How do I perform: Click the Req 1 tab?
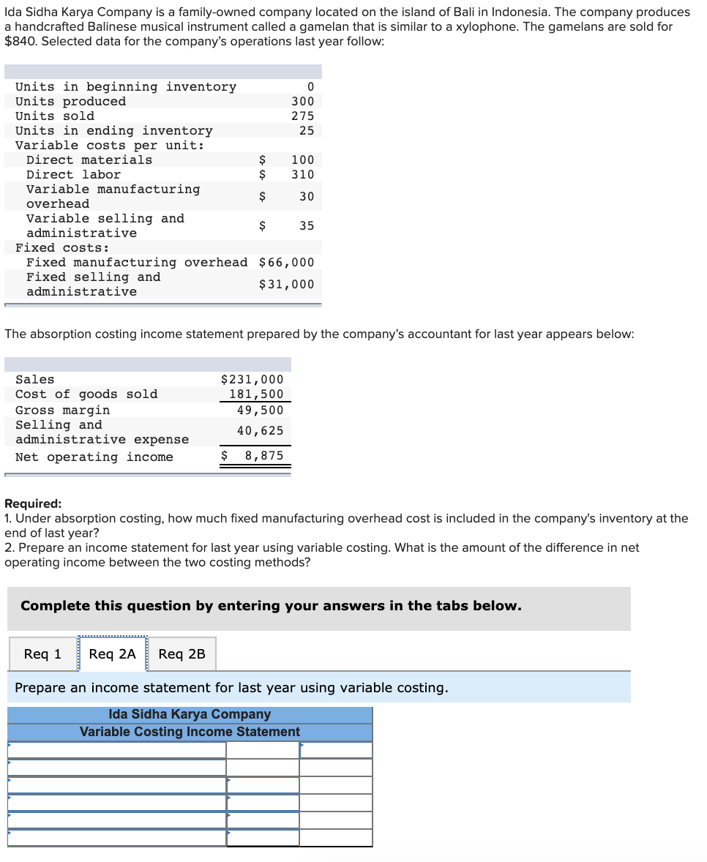click(42, 653)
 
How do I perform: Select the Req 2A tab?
click(112, 653)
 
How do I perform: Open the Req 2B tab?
click(182, 653)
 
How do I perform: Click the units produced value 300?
click(302, 102)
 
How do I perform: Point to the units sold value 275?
click(302, 116)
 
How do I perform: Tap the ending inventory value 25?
click(306, 131)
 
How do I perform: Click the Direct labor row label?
click(73, 175)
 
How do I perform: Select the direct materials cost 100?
click(302, 160)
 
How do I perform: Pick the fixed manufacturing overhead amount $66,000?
click(286, 263)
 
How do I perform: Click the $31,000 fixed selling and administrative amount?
click(286, 285)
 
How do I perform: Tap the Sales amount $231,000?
click(252, 380)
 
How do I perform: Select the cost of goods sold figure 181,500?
click(256, 394)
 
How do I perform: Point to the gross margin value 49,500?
click(260, 411)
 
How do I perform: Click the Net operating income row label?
click(94, 457)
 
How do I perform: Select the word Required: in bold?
click(33, 503)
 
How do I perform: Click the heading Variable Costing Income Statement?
click(190, 732)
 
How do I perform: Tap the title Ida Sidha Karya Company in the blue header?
click(190, 714)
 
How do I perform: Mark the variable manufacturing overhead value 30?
click(306, 197)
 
